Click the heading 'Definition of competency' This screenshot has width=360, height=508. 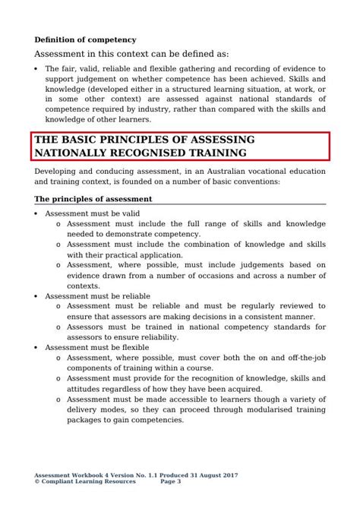(85, 39)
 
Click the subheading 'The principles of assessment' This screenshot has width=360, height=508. (93, 199)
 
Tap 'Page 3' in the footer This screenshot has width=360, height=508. (171, 481)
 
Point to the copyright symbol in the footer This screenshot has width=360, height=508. (38, 481)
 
